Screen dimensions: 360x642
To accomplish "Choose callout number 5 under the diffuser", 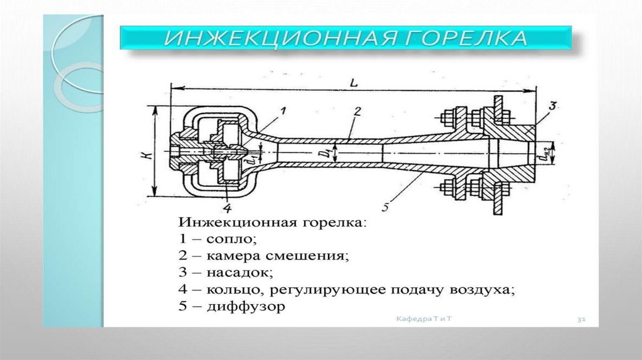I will click(x=386, y=204).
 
